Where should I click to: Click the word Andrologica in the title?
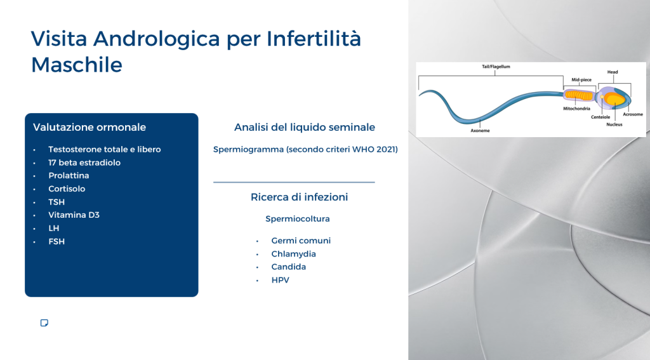coord(157,39)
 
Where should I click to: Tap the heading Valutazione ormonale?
coord(90,128)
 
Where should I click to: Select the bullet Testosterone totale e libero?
coord(105,149)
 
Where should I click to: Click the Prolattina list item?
coord(69,175)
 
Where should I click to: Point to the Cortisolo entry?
coord(67,189)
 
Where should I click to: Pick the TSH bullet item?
coord(56,202)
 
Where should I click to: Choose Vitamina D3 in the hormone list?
coord(74,215)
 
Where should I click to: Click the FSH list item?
coord(56,241)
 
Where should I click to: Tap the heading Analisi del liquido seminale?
coord(305,128)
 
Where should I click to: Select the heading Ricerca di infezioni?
coord(300,197)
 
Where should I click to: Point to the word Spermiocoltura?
coord(298,218)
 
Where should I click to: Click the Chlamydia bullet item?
coord(293,254)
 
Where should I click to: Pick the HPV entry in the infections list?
coord(280,280)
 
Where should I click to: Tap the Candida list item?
coord(289,267)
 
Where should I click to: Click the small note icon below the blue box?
coord(44,323)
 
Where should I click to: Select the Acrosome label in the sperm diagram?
coord(633,114)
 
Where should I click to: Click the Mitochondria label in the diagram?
coord(576,109)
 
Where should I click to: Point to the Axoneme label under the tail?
coord(480,131)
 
